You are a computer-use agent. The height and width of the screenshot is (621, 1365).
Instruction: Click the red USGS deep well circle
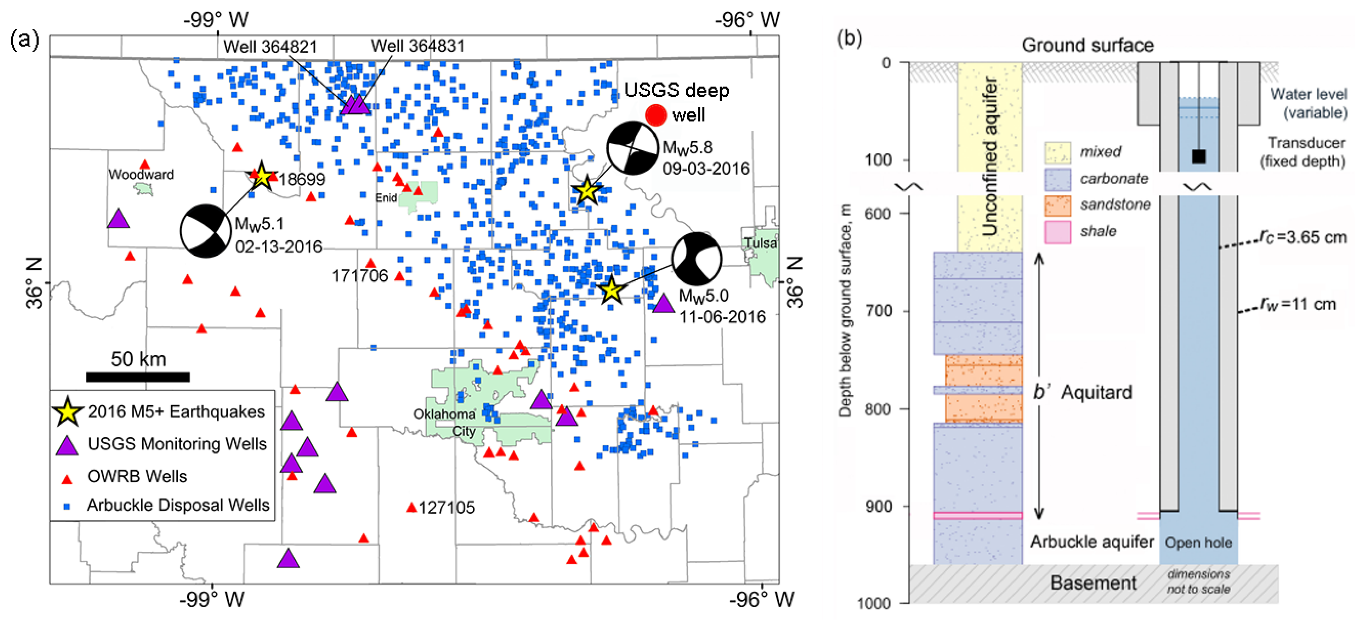(x=655, y=115)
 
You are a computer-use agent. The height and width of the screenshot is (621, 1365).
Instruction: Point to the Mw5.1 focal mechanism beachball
(x=206, y=231)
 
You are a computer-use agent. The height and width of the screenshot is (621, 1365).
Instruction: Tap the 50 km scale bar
(x=138, y=377)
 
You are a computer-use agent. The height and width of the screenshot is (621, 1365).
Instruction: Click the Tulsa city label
(x=760, y=243)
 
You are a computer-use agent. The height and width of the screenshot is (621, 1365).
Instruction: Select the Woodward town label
(x=141, y=174)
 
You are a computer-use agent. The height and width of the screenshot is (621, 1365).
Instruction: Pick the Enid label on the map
(x=386, y=197)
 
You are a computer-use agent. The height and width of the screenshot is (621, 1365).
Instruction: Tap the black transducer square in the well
(x=1199, y=156)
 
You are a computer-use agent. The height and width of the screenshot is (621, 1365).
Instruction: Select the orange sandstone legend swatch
(x=1057, y=205)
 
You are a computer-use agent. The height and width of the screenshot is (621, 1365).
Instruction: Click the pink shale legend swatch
(x=1057, y=231)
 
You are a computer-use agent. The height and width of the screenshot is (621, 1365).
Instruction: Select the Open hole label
(x=1198, y=542)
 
